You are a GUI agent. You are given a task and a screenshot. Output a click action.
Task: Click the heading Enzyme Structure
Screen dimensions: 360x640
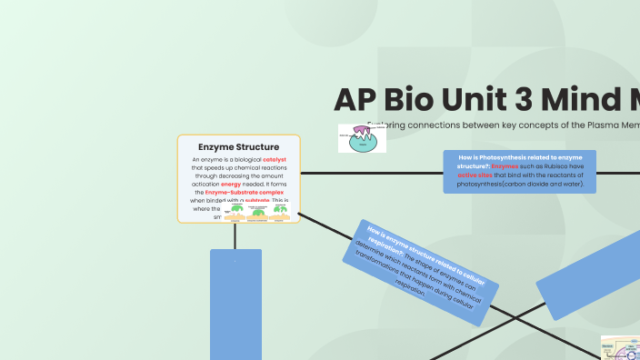coord(238,146)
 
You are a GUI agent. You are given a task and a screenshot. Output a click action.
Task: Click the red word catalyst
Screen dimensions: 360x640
coord(275,159)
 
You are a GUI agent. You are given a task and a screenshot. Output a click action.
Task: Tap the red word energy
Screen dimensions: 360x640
coord(232,185)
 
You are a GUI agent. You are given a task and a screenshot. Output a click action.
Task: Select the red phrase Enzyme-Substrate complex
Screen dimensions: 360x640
coord(245,193)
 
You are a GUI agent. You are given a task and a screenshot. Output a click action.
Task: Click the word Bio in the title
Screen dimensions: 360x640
coord(428,101)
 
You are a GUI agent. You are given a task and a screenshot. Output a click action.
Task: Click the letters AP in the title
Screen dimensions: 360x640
coord(357,101)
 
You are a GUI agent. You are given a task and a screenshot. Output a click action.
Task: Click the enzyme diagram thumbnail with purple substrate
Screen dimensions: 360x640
coord(362,138)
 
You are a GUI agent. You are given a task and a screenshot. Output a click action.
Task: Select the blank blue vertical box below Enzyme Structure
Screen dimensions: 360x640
coord(235,305)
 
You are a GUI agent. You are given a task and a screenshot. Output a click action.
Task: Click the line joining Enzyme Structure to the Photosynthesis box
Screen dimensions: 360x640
coord(373,173)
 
